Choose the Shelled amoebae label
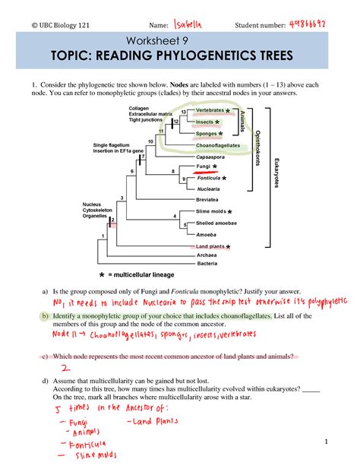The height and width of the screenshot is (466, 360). coord(216,223)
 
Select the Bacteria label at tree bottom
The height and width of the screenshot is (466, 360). coord(207,264)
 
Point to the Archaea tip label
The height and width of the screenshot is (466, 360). coord(207,255)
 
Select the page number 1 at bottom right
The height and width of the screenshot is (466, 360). coord(324,441)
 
